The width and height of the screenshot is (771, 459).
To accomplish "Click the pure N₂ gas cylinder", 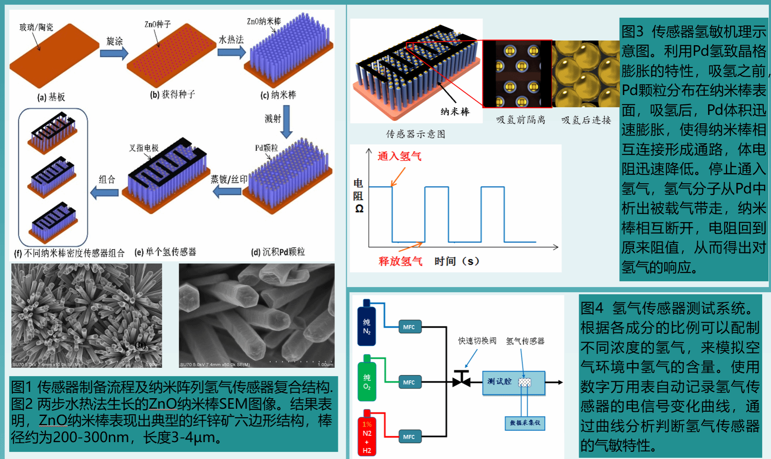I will click(366, 324).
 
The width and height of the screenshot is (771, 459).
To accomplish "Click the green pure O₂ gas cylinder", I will click(366, 379).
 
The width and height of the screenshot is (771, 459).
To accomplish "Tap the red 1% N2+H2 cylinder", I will click(366, 435).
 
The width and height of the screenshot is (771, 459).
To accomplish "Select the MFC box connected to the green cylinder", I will click(409, 382).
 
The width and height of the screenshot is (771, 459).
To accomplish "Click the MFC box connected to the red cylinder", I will click(409, 437).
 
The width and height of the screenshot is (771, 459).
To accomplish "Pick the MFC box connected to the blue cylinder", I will click(409, 327).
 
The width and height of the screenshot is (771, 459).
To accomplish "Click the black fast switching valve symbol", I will click(462, 379).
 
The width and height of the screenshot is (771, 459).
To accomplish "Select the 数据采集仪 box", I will click(525, 423).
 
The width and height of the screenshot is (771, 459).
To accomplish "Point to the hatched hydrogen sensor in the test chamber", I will click(524, 382).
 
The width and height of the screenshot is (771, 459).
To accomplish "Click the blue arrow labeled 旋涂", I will click(114, 53).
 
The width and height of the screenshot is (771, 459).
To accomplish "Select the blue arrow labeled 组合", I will click(105, 193).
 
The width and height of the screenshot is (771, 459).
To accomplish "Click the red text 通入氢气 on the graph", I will click(399, 156).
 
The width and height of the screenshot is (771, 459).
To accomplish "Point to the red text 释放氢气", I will click(400, 261).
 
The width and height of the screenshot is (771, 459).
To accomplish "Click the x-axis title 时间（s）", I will click(457, 261).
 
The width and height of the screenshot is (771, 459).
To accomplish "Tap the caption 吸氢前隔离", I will click(521, 120).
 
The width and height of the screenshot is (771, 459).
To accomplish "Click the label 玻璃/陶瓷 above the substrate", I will click(36, 27).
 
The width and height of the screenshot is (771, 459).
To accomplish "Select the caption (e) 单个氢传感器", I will click(166, 252).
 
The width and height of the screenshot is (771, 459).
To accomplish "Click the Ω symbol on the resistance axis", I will click(359, 209).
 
